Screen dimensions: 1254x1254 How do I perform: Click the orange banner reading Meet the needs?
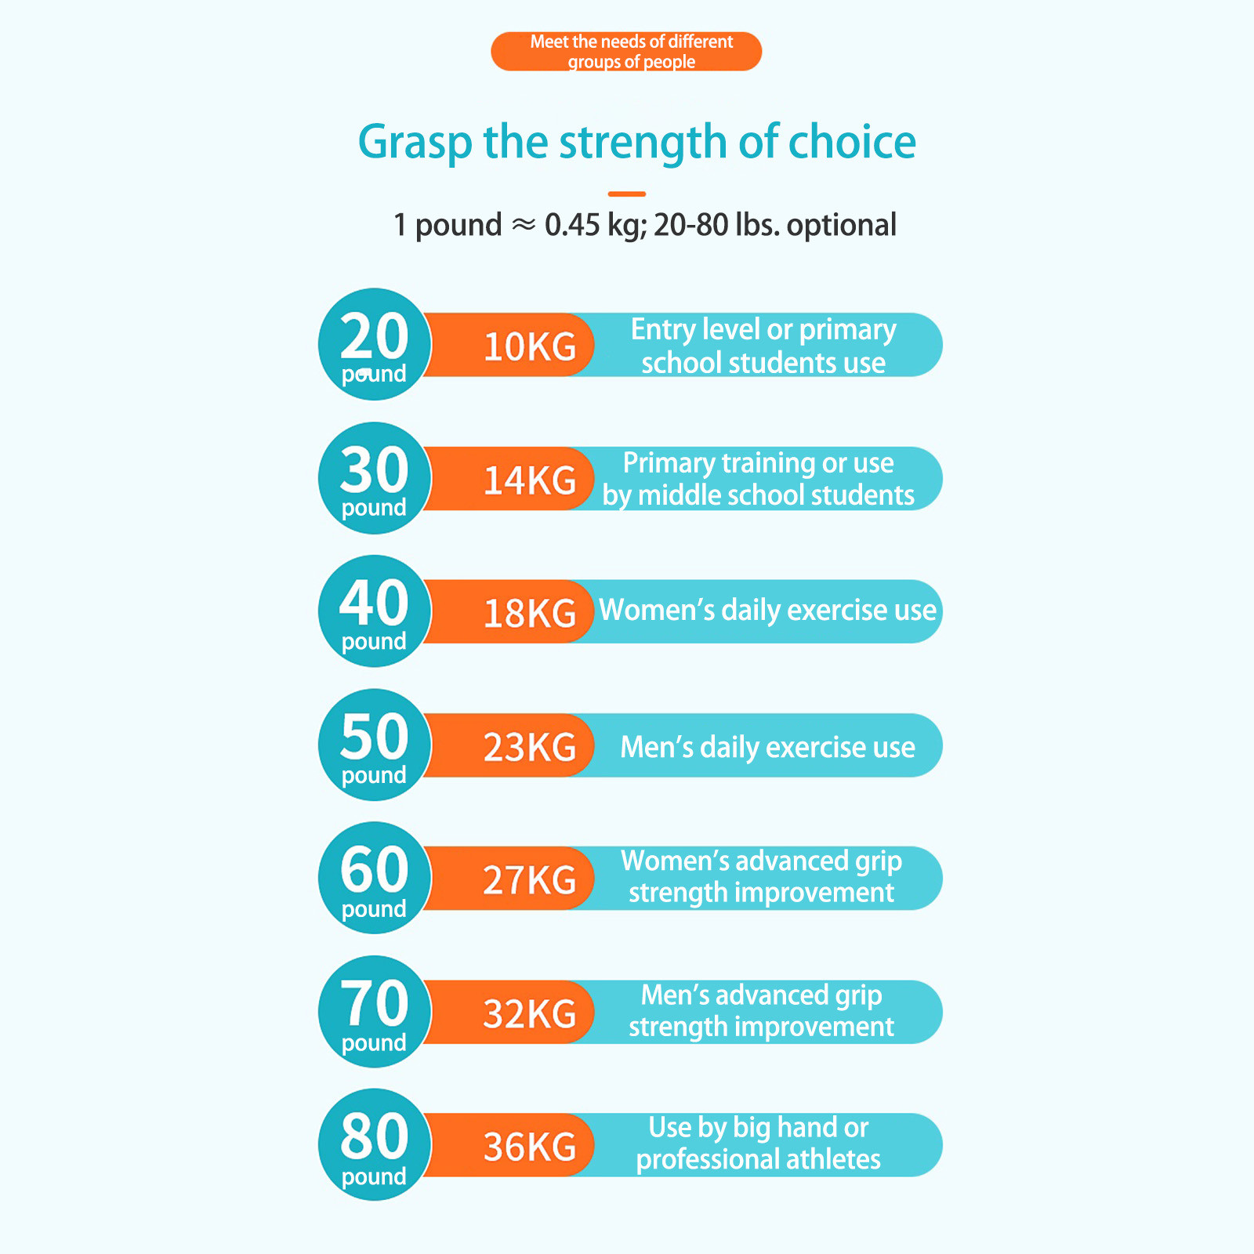coord(626,52)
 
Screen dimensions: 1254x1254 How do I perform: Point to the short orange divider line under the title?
coord(627,194)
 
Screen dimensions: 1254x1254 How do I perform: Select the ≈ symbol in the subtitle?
coord(524,226)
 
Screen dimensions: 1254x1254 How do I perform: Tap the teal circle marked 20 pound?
coord(375,344)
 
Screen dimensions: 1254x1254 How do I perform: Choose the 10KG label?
coord(530,346)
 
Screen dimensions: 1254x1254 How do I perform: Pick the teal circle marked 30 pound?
coord(375,478)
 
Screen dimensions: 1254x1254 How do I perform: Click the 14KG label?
coord(530,480)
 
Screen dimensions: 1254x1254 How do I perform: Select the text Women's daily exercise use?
coord(767,611)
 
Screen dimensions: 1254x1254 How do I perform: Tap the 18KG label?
coord(530,613)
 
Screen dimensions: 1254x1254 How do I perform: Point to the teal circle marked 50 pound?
coord(375,745)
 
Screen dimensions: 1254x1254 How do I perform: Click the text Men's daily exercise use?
coord(767,748)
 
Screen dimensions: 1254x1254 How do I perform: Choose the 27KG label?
coord(530,880)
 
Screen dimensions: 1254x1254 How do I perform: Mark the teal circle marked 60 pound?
coord(375,878)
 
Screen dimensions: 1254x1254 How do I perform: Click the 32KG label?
coord(530,1013)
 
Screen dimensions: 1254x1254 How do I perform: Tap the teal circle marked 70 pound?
coord(375,1012)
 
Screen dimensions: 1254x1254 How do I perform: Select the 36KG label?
coord(530,1147)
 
